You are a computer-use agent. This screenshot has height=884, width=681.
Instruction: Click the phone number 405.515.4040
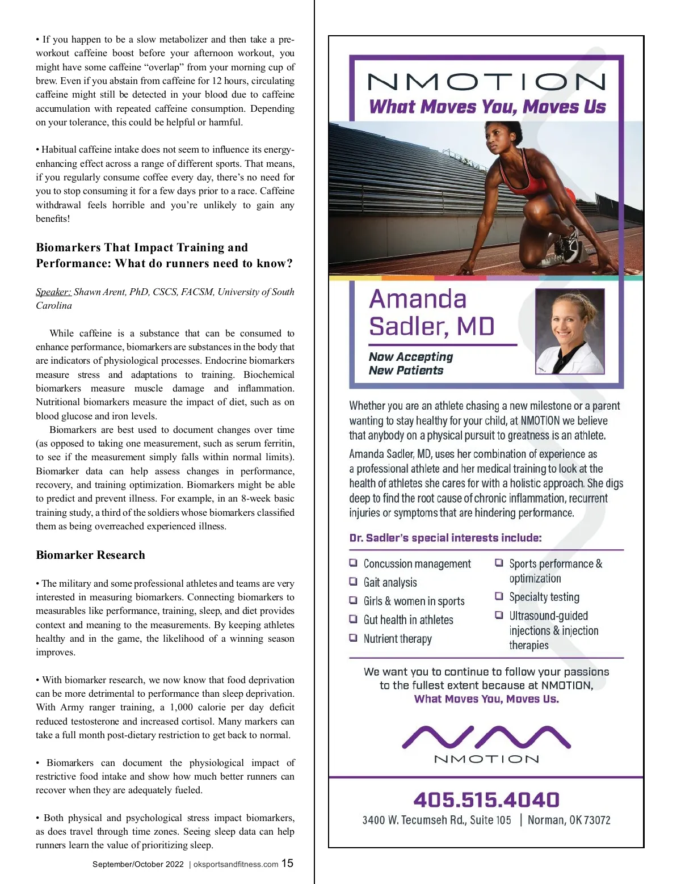click(x=486, y=800)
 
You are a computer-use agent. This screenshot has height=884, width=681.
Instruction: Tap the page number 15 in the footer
click(x=288, y=863)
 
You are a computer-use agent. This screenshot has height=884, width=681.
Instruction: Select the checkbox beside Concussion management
click(x=353, y=563)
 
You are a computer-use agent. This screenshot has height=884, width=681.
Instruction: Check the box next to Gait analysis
click(x=353, y=582)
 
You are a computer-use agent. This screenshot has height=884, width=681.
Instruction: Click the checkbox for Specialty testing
click(x=499, y=596)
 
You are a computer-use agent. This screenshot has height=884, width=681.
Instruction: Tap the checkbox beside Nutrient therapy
click(x=353, y=638)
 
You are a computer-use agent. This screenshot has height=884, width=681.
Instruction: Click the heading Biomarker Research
click(x=90, y=555)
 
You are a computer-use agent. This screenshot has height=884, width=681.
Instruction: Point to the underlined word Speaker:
click(x=53, y=292)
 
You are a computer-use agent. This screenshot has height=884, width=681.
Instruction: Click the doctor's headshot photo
click(x=569, y=331)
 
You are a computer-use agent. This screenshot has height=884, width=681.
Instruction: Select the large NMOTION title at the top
click(x=486, y=82)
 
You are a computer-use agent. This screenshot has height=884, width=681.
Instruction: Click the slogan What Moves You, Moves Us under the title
click(x=487, y=107)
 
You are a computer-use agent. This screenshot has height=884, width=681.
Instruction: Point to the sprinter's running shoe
click(x=567, y=243)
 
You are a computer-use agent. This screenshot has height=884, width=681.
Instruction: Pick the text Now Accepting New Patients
click(x=410, y=363)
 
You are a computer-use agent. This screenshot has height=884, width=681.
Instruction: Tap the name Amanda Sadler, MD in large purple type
click(x=431, y=313)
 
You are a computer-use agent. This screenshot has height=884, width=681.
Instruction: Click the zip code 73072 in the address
click(x=597, y=820)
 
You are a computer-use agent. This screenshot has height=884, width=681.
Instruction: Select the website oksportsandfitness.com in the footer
click(x=236, y=864)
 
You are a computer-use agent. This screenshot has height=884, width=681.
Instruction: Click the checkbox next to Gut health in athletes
click(x=353, y=619)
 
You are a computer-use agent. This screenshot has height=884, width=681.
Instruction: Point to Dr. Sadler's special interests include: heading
click(x=445, y=537)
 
